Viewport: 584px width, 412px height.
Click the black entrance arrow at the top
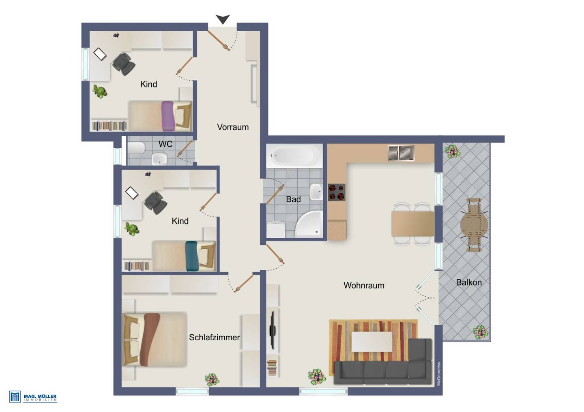pos(223,19)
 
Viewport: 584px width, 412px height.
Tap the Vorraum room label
pos(233,127)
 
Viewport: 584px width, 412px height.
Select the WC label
pos(165,144)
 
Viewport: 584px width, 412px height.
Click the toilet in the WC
pos(136,148)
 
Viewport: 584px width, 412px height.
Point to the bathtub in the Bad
pos(294,156)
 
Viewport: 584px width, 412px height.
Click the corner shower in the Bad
pos(309,224)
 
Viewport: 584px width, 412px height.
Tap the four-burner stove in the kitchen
pos(337,192)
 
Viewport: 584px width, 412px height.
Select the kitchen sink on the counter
pos(401,153)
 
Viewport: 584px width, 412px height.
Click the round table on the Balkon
pos(474,225)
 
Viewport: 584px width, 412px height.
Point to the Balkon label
pos(469,282)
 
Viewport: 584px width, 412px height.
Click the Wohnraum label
pos(364,286)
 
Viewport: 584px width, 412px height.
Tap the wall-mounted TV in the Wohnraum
pos(273,330)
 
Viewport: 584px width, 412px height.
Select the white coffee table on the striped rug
pos(372,342)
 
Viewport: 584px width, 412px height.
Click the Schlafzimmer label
pos(214,337)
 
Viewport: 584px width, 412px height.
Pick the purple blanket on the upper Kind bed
pos(167,116)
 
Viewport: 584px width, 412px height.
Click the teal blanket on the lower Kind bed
pos(191,256)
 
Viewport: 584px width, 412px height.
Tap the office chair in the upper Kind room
pos(124,64)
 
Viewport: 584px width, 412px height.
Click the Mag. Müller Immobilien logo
pos(33,397)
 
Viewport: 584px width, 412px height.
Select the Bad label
pos(293,199)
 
